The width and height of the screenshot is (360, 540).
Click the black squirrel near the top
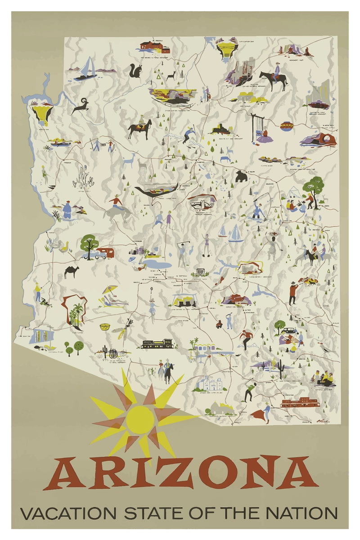click(x=135, y=71)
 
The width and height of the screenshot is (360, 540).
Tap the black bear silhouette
click(x=241, y=176)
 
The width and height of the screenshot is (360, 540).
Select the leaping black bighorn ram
click(x=81, y=106)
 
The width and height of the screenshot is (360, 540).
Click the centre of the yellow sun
click(x=139, y=418)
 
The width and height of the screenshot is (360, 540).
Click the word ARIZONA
click(x=180, y=472)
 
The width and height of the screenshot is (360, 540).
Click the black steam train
click(x=157, y=344)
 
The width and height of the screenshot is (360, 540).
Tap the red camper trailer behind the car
click(x=106, y=252)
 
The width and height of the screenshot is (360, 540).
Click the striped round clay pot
click(x=287, y=126)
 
